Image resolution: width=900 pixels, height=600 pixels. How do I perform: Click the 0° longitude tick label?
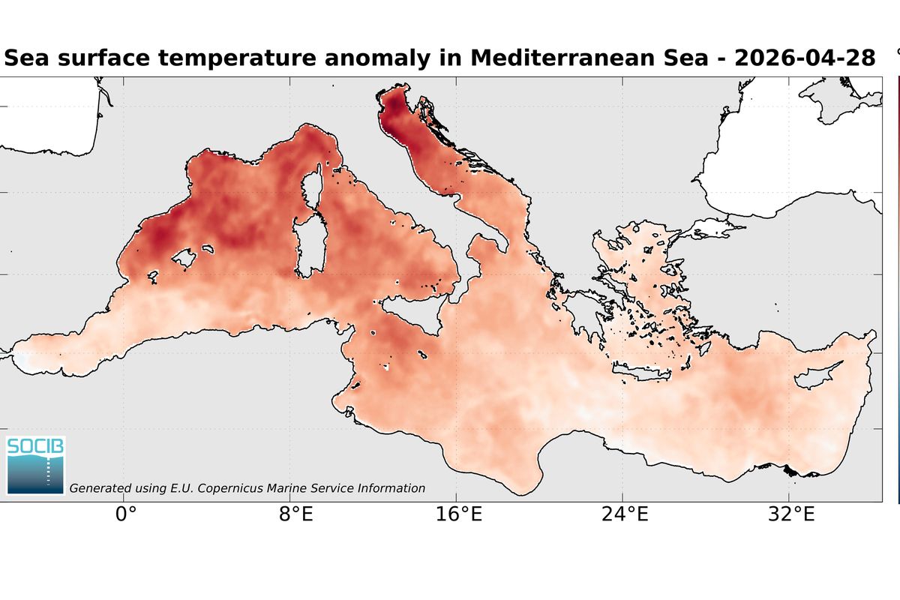(125, 516)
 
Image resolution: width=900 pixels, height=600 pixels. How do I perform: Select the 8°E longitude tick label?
(295, 516)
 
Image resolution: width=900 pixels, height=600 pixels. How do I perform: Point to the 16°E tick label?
(460, 516)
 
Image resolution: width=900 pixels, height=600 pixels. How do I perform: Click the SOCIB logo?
(36, 465)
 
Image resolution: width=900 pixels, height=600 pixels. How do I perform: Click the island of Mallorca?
(184, 259)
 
